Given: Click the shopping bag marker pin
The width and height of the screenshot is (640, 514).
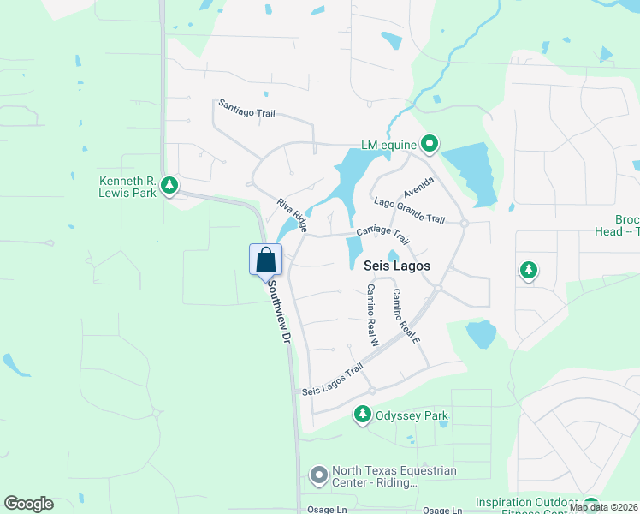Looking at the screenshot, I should coord(265,259).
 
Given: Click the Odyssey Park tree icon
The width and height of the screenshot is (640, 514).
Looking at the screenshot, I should coord(362,415).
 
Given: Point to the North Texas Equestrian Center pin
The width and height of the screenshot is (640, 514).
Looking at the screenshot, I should coord(319,475).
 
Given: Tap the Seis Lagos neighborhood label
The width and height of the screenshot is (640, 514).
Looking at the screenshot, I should coord(397,266).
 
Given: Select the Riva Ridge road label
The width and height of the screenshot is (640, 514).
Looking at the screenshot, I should coord(292,214).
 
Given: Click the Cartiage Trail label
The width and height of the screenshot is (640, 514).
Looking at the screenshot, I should coord(382,234).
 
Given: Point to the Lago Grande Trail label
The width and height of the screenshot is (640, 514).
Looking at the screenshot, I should coord(410,210).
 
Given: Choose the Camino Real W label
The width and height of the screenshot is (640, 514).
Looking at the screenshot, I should coord(373,314).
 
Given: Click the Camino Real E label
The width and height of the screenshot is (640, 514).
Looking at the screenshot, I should coord(406,316).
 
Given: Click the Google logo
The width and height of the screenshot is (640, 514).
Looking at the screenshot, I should coord(29,504).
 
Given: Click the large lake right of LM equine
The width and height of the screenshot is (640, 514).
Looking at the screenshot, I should coord(470,171).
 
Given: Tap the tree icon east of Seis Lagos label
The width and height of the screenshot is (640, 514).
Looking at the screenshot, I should coord(529,271).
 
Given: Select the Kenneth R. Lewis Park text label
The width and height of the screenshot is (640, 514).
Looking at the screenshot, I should coord(127,187).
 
